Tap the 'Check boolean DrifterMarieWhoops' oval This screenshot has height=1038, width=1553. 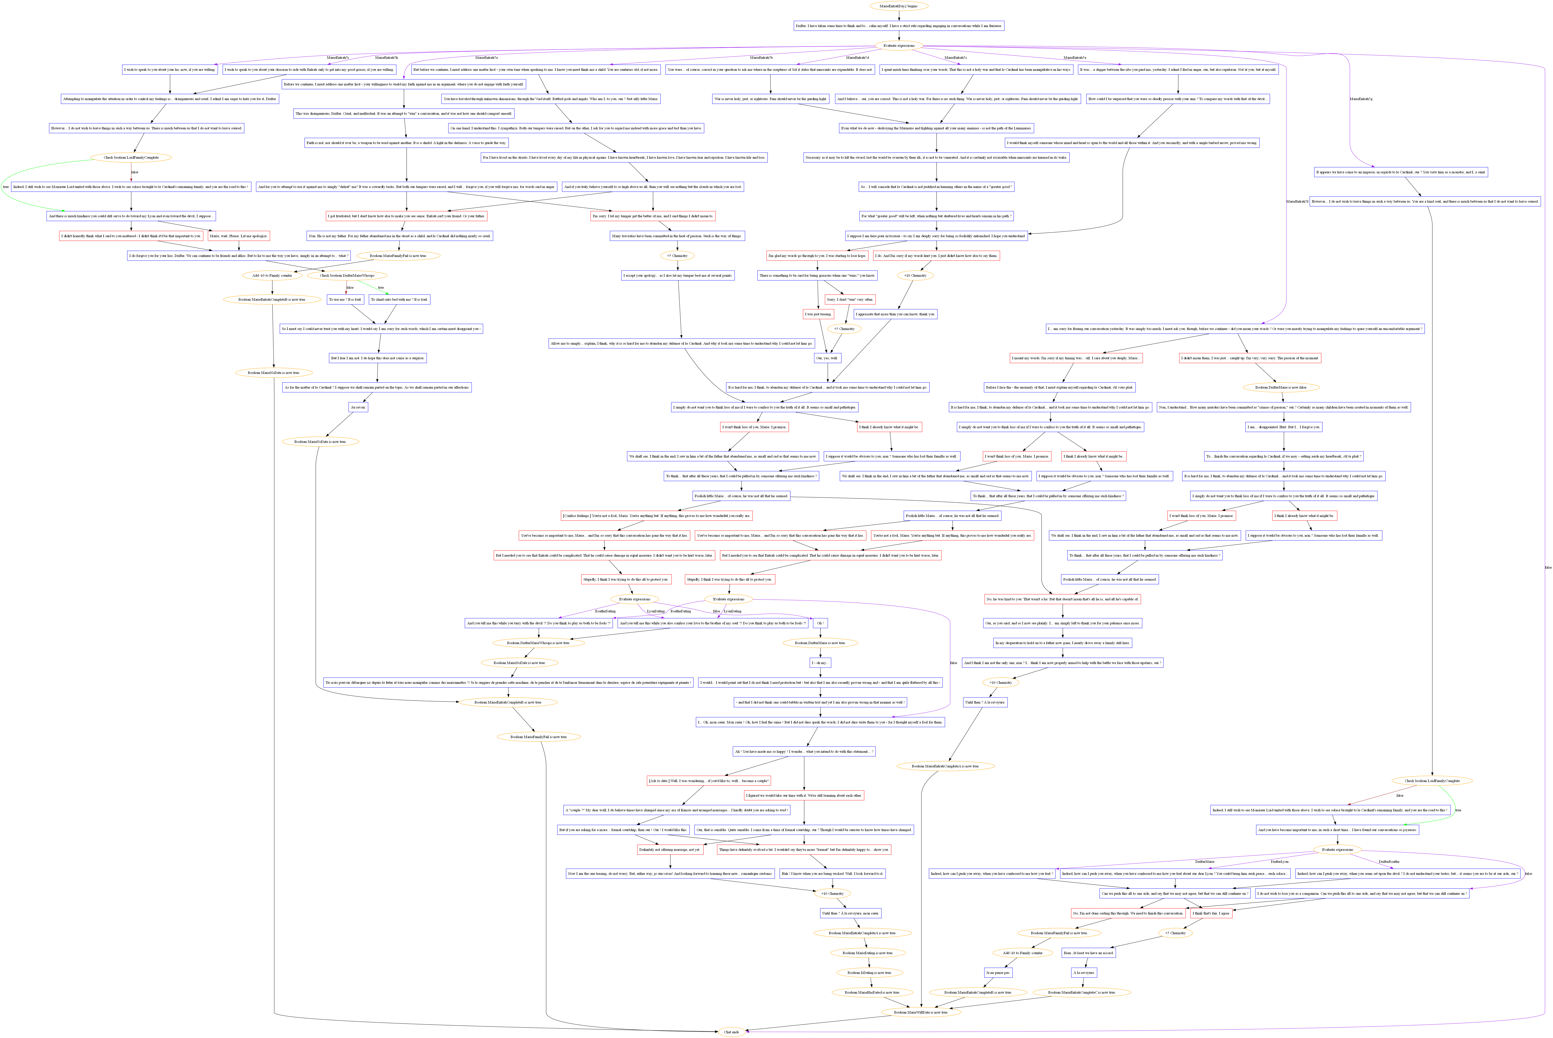pos(347,275)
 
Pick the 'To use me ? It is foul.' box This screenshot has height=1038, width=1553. pos(345,299)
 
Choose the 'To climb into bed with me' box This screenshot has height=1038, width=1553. pos(399,299)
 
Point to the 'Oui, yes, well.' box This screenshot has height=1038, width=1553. pos(827,358)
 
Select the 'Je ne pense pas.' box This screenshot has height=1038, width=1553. pos(998,972)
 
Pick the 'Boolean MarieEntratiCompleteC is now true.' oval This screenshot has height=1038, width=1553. pos(1081,992)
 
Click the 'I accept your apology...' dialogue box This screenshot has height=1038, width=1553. pos(677,275)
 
